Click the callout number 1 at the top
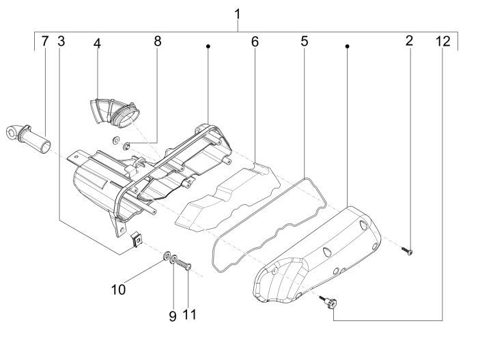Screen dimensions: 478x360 [x=238, y=14]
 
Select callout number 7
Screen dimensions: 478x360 [x=45, y=41]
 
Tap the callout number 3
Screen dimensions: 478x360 [x=61, y=41]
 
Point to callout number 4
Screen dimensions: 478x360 [x=97, y=44]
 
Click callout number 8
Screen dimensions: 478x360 [x=158, y=41]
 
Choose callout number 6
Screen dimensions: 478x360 [x=255, y=42]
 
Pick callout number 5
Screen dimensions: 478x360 [x=305, y=41]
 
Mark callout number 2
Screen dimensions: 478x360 [x=409, y=40]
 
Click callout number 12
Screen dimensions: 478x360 [x=443, y=41]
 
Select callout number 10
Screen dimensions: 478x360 [x=118, y=290]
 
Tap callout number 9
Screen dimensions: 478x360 [x=173, y=316]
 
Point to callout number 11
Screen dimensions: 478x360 [x=190, y=314]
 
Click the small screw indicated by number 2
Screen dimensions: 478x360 [x=407, y=251]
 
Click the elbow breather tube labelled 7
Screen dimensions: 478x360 [x=28, y=139]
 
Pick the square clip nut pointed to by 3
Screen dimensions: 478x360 [x=137, y=240]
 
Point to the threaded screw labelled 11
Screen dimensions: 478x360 [x=184, y=264]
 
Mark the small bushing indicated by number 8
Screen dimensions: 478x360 [x=126, y=146]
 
